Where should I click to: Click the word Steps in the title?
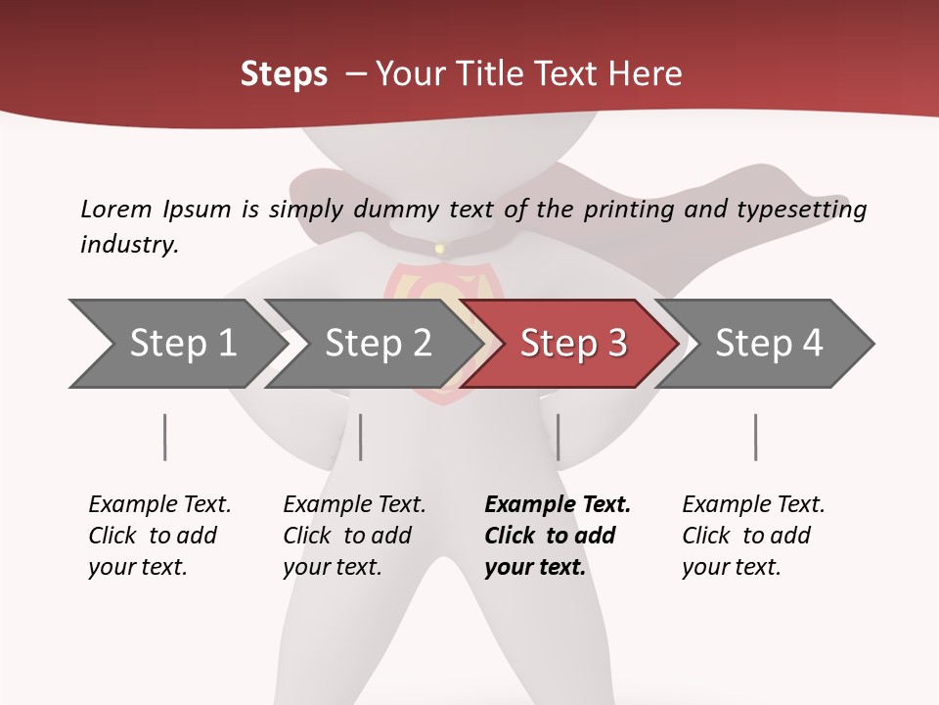pos(284,74)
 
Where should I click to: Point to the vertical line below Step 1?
pos(164,437)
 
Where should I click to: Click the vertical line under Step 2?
pos(360,437)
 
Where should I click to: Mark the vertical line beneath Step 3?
pos(558,437)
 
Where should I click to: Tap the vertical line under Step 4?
pos(755,437)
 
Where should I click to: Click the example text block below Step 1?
pos(159,536)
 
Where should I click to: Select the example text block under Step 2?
pos(354,536)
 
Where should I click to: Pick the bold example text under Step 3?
pos(557,536)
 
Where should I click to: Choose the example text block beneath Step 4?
pos(753,536)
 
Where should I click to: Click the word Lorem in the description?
pos(116,209)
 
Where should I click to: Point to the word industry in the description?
pos(128,245)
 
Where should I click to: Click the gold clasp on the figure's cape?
pos(439,249)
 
